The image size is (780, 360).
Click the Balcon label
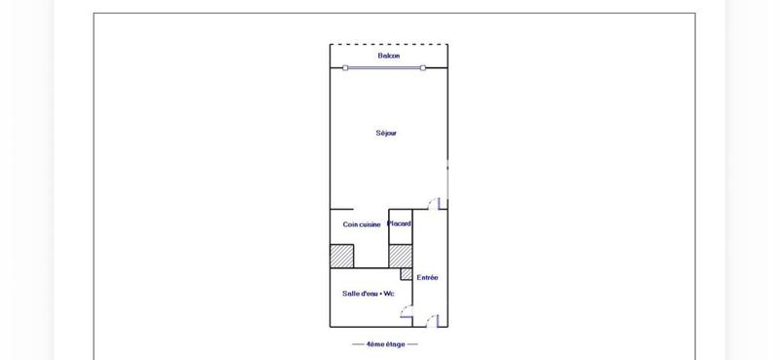click(388, 56)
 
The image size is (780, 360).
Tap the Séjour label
click(386, 133)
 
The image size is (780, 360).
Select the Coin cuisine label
click(361, 224)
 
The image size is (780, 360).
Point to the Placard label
click(400, 223)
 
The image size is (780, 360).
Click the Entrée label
click(427, 277)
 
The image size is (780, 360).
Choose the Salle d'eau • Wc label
click(368, 294)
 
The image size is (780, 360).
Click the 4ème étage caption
click(385, 344)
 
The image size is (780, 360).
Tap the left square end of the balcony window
click(345, 68)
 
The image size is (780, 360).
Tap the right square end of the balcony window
click(422, 68)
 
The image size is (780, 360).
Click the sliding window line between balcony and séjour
click(384, 68)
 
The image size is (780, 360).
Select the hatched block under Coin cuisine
click(341, 256)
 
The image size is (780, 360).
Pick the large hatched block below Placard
click(400, 255)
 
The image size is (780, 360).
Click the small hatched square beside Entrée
click(407, 274)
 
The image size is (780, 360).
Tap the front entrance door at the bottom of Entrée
click(432, 321)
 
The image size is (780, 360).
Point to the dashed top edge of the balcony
click(388, 44)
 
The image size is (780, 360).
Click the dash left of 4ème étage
click(358, 344)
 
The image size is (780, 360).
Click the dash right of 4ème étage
click(412, 344)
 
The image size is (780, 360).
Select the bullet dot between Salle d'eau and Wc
click(380, 294)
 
